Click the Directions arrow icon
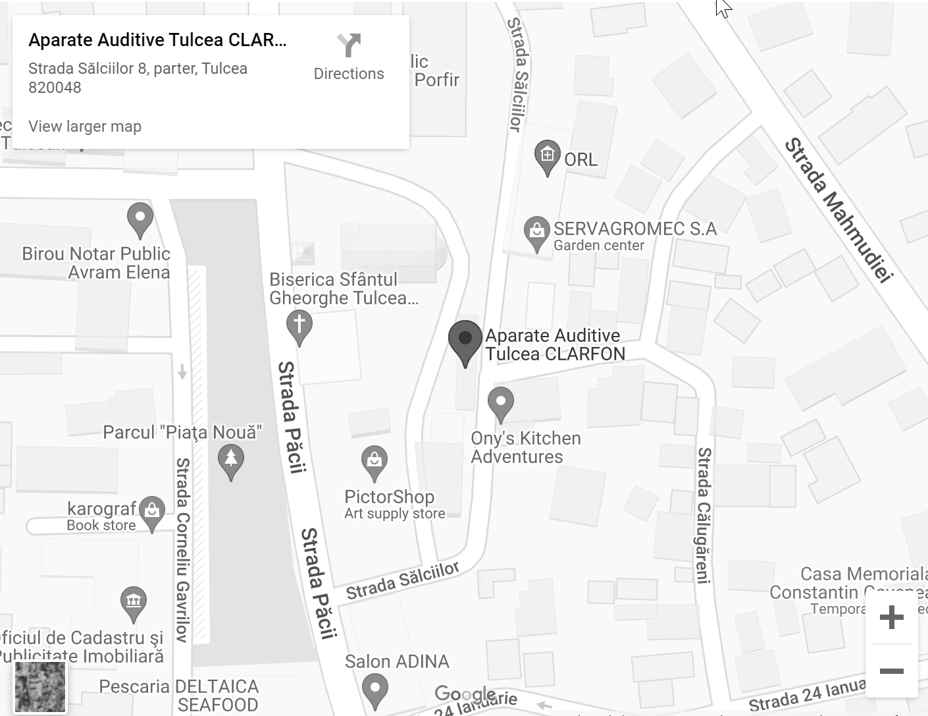click(349, 46)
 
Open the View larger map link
click(85, 126)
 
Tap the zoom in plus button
click(891, 617)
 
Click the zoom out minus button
click(891, 671)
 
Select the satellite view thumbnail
click(40, 687)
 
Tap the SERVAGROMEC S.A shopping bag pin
click(537, 232)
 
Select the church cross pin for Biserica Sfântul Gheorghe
click(299, 326)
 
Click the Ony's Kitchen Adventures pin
click(501, 402)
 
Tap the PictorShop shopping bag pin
click(374, 461)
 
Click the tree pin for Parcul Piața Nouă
click(231, 459)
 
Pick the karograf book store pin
click(152, 512)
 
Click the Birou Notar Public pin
click(140, 218)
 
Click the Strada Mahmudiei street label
click(838, 209)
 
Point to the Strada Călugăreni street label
click(704, 515)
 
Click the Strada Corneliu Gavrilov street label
click(182, 549)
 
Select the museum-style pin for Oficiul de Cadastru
click(134, 602)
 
